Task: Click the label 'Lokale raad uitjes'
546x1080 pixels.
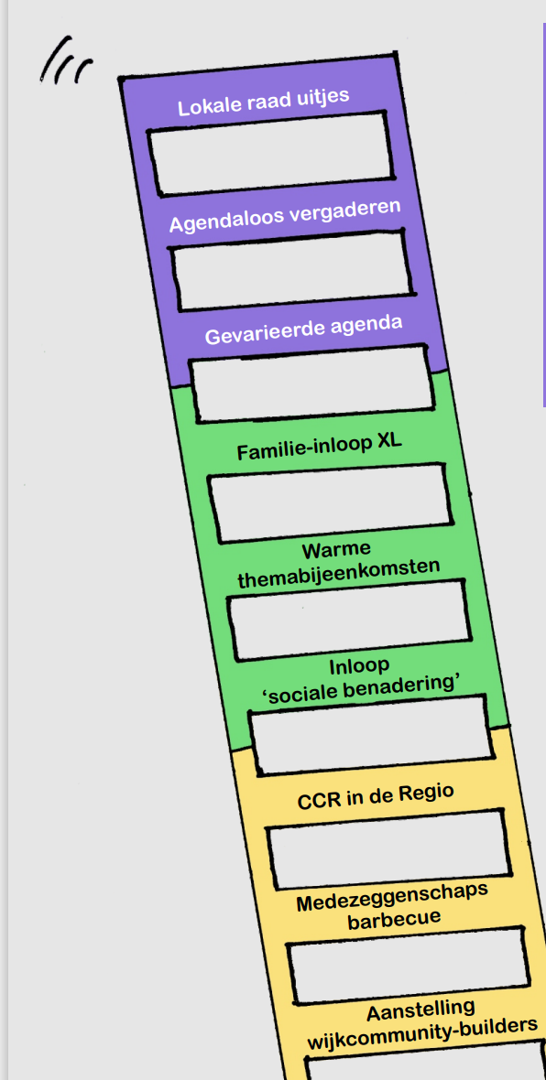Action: click(263, 102)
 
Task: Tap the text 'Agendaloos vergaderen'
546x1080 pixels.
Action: click(285, 216)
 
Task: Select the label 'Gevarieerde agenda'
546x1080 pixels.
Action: click(303, 330)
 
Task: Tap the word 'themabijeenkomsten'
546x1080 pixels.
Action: click(339, 572)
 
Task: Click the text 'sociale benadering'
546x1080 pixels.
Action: click(360, 687)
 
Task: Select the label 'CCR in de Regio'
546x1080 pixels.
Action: click(376, 797)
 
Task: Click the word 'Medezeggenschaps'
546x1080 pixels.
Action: click(392, 898)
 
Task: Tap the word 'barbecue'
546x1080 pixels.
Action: click(394, 919)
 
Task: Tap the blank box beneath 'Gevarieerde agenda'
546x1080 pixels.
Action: click(311, 383)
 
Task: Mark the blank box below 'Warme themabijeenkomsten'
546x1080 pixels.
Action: click(348, 620)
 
